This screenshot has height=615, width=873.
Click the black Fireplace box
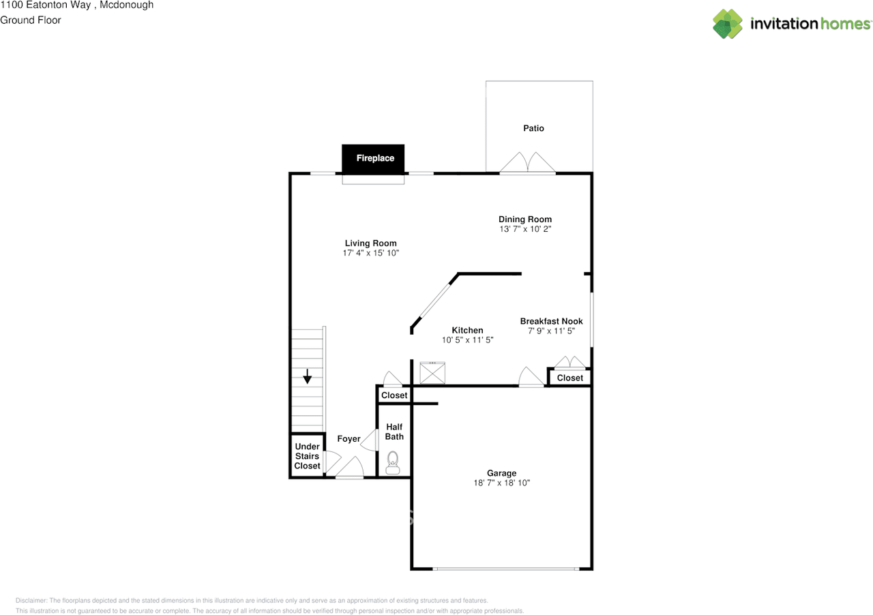[373, 158]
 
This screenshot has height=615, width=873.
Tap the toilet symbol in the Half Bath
[393, 462]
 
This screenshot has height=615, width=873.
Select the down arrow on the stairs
[308, 376]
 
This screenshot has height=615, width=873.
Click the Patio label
[533, 128]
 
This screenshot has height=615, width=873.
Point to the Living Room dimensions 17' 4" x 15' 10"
[370, 253]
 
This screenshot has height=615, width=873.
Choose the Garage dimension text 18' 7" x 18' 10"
[501, 483]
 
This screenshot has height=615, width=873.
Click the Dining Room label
[525, 220]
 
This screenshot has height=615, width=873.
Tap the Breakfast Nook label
[551, 321]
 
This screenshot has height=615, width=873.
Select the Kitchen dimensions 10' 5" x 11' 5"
[467, 340]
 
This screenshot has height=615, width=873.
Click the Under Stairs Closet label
[307, 456]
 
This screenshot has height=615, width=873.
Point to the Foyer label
[349, 439]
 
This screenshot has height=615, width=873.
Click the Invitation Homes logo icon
[728, 24]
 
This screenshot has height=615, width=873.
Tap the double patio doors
[527, 164]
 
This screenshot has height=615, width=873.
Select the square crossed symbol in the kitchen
[432, 373]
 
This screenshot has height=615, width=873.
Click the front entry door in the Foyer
[350, 469]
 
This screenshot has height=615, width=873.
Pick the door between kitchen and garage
[531, 378]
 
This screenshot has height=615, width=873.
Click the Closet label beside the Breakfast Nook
[569, 378]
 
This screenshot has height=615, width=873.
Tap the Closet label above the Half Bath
[394, 395]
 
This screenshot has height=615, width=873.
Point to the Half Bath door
[371, 440]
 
